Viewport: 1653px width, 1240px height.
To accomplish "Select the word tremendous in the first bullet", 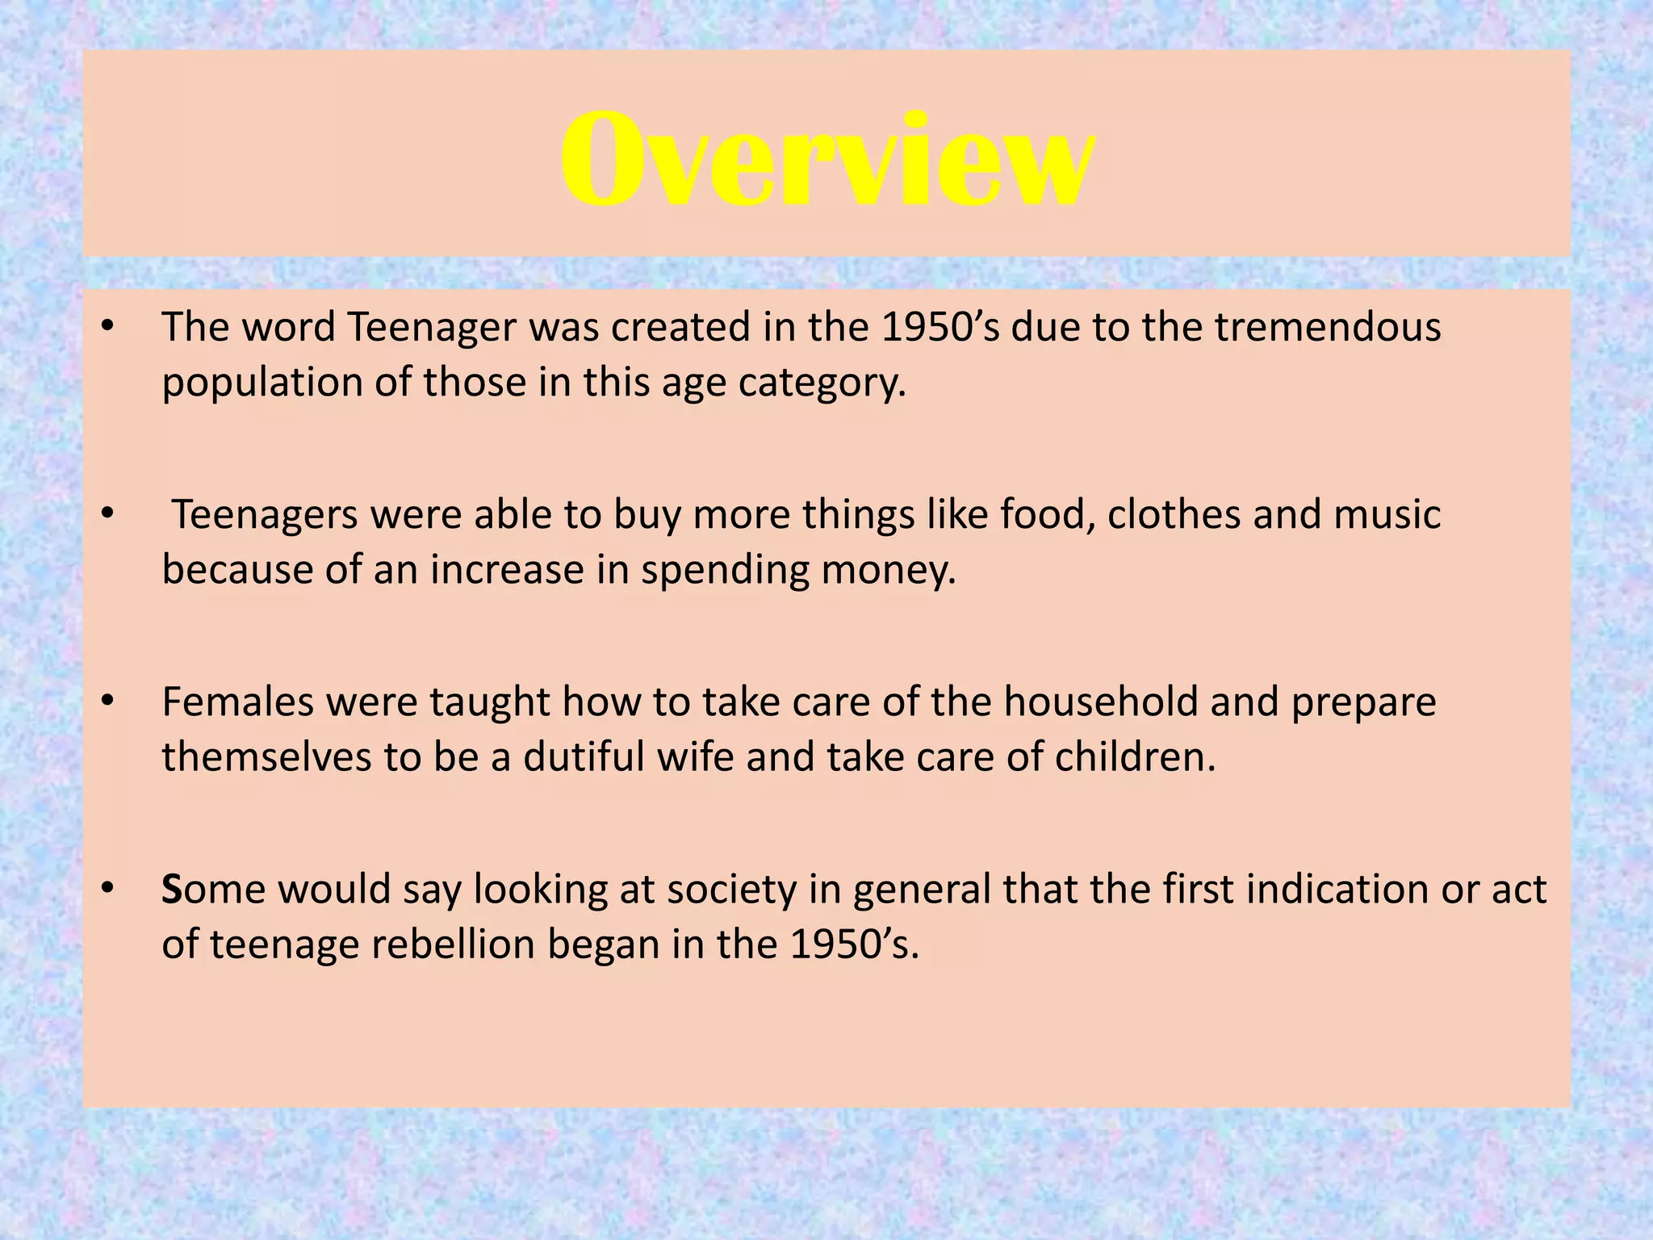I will pyautogui.click(x=1328, y=328).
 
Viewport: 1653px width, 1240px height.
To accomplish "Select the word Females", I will pyautogui.click(x=237, y=702).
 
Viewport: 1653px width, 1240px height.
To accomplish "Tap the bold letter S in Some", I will pyautogui.click(x=172, y=890).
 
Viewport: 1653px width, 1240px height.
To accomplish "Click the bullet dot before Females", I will pyautogui.click(x=108, y=702).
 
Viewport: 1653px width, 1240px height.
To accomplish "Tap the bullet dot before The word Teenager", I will pyautogui.click(x=108, y=328).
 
